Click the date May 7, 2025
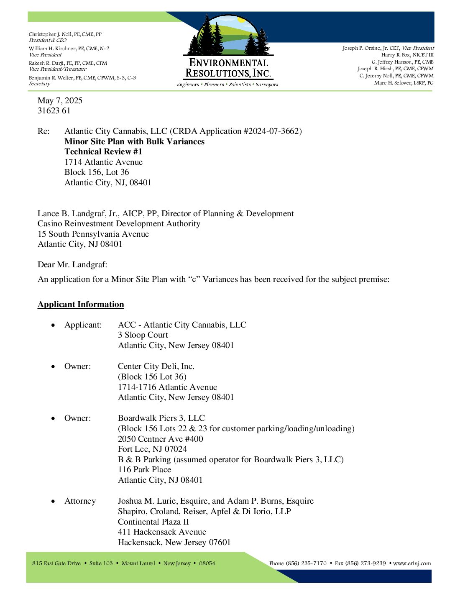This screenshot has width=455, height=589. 60,100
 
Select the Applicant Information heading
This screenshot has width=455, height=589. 81,304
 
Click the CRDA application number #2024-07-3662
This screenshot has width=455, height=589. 271,131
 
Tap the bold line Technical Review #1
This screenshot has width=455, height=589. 103,151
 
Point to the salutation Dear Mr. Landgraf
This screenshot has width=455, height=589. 72,264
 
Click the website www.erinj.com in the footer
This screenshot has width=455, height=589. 412,563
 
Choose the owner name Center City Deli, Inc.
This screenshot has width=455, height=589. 156,366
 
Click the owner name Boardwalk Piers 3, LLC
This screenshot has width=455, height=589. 161,418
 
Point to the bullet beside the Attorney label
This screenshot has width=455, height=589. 53,501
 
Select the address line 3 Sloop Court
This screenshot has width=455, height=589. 143,335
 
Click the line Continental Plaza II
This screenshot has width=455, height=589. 153,522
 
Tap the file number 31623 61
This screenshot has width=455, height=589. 54,110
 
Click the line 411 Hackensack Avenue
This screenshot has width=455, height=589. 162,532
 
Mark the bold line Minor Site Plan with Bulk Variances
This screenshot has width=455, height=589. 134,141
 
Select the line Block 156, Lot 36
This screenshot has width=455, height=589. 97,172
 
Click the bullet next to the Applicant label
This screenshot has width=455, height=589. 53,325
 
